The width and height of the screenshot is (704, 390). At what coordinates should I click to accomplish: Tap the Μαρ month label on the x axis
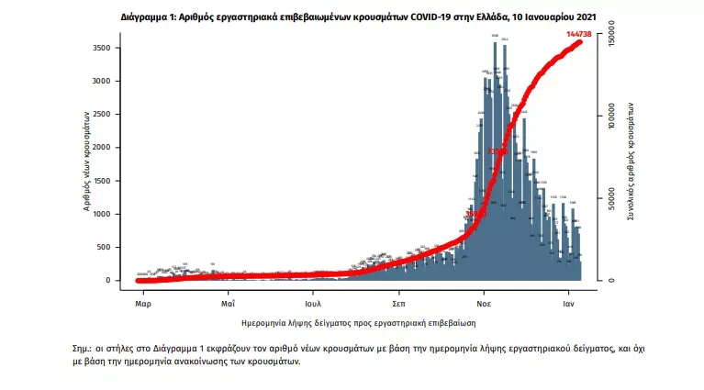[x=142, y=301]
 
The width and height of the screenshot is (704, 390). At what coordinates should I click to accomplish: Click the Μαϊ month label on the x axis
[x=228, y=301]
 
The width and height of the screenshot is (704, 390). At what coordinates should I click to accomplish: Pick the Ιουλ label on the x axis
[x=313, y=301]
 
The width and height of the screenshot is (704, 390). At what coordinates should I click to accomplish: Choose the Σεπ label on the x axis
[x=399, y=301]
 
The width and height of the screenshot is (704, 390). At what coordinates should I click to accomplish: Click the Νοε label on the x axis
[x=485, y=301]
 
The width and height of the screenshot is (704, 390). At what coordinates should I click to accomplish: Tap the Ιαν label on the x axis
[x=569, y=301]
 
